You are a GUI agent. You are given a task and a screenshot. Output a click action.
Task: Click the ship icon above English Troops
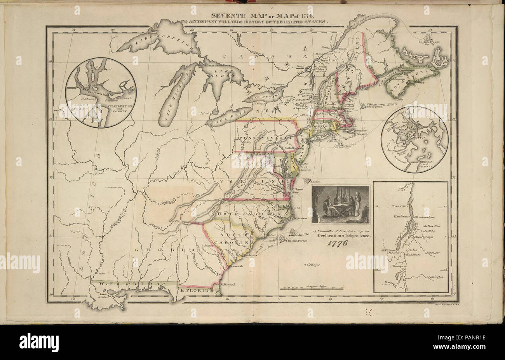point(428,37)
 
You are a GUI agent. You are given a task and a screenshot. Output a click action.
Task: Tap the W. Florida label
point(128,284)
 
